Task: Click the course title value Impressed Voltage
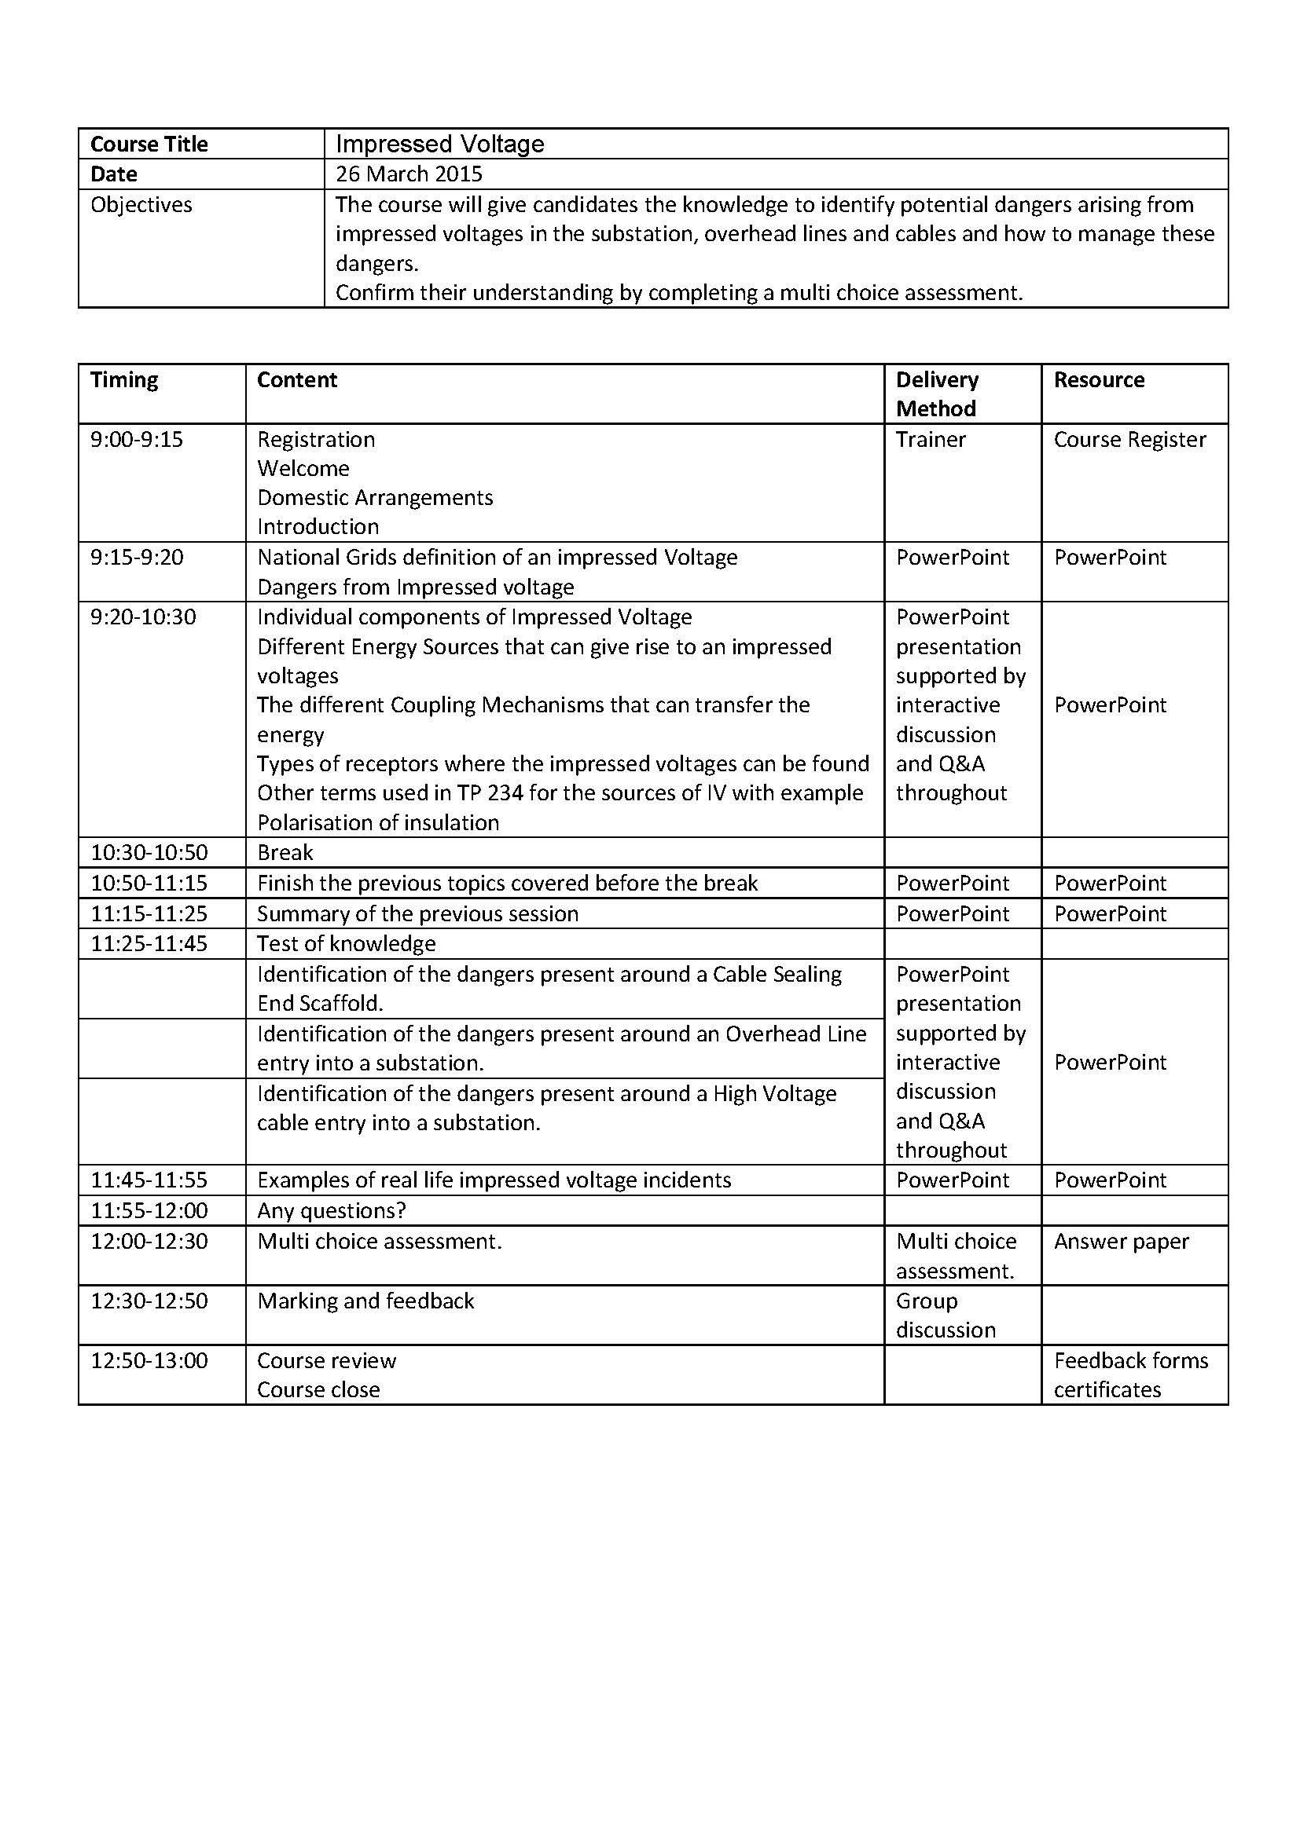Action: [x=439, y=144]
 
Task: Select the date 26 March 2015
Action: [x=408, y=174]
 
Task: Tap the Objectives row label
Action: [x=141, y=205]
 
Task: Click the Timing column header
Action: [x=124, y=380]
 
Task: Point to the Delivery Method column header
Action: [x=937, y=393]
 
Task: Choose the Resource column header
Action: [x=1098, y=380]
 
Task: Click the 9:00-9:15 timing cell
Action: [x=136, y=440]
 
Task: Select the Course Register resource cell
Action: [x=1129, y=440]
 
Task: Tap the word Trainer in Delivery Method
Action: [x=930, y=440]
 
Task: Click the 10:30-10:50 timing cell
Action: [x=149, y=853]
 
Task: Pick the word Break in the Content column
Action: [x=285, y=853]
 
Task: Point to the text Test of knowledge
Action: [x=346, y=944]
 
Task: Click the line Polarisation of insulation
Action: [x=378, y=822]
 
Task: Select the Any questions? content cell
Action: [x=332, y=1210]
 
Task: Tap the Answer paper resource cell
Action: [x=1121, y=1242]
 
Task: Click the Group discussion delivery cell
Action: [x=946, y=1316]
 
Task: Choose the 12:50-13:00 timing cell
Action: [x=149, y=1361]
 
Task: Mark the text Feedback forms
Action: [x=1130, y=1361]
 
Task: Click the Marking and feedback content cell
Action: [x=365, y=1301]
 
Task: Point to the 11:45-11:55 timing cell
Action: [x=149, y=1180]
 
